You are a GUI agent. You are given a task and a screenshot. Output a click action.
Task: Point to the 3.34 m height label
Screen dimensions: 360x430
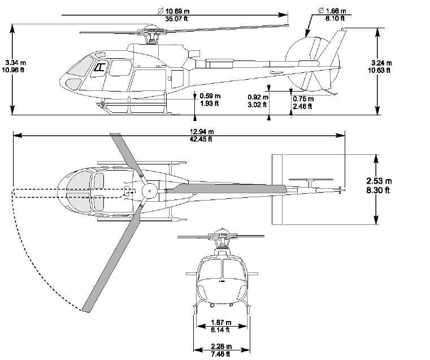click(x=15, y=62)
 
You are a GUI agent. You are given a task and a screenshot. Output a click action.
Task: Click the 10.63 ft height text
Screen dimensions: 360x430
click(x=382, y=70)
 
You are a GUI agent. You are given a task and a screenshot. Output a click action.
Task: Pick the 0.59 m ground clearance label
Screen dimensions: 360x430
click(x=210, y=96)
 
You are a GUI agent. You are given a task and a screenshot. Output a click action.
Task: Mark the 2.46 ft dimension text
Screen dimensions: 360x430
click(x=302, y=106)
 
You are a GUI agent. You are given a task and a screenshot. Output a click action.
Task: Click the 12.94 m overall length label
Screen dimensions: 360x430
click(x=202, y=132)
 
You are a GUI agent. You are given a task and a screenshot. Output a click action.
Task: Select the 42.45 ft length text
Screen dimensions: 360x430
click(x=202, y=139)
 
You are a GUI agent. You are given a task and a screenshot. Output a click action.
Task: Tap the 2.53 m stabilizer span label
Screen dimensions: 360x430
click(x=379, y=181)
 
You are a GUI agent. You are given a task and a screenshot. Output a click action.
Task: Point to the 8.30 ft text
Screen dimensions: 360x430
click(x=379, y=190)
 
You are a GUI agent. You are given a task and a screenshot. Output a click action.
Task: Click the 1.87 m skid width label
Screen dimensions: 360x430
click(x=221, y=322)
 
